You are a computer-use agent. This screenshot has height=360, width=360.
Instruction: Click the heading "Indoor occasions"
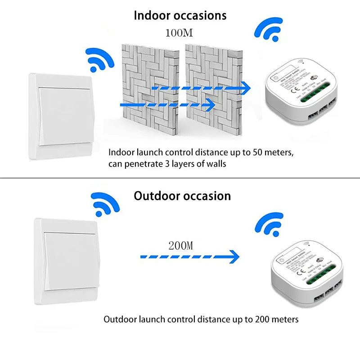[x=180, y=15]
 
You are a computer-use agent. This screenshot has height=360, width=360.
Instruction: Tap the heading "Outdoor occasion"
[x=182, y=196]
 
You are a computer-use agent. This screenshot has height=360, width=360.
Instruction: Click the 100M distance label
[x=180, y=34]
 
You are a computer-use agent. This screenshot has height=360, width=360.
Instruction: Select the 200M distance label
[x=181, y=246]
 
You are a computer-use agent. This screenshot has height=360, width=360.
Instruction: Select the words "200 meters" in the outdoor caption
[x=276, y=319]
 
